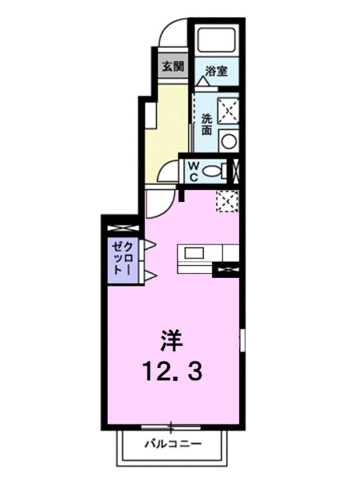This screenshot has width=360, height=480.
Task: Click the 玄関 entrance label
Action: tap(173, 66)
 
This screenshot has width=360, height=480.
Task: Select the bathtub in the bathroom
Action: tap(217, 41)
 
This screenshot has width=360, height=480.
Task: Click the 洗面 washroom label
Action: tap(206, 124)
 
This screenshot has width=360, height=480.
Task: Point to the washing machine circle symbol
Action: tap(228, 141)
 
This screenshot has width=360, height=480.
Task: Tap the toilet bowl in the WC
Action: tap(212, 171)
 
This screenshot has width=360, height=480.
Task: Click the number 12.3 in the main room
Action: tap(172, 371)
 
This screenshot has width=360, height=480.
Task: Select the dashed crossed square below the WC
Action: tap(227, 200)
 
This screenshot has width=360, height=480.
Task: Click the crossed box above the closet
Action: tap(123, 228)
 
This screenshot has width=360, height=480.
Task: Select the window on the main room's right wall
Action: tap(242, 340)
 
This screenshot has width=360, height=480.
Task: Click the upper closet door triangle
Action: tap(150, 244)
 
